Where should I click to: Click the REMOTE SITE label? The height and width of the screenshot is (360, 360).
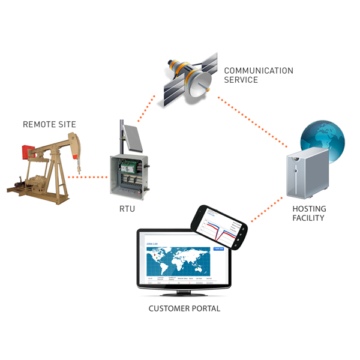49,125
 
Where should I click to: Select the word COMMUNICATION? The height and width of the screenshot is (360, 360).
259,70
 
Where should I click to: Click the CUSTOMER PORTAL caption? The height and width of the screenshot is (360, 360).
184,308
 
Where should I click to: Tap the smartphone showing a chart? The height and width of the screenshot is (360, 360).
218,227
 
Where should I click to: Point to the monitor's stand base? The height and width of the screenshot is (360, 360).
184,295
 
